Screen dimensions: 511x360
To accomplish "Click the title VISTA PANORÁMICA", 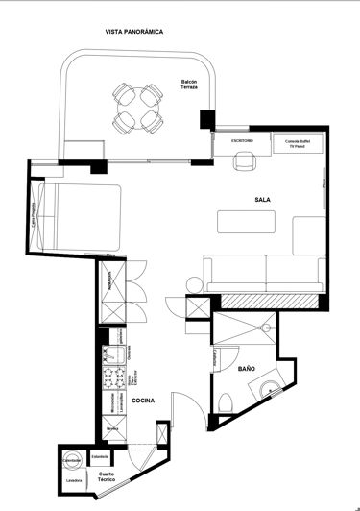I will coord(133,32).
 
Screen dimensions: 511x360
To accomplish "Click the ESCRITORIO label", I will coord(242,141).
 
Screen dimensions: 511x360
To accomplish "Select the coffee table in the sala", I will coord(246,222).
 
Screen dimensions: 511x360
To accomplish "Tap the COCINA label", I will coord(143,401).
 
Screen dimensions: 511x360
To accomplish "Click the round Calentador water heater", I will coord(73,460).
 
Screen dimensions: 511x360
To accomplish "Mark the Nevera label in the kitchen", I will coord(112,429).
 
